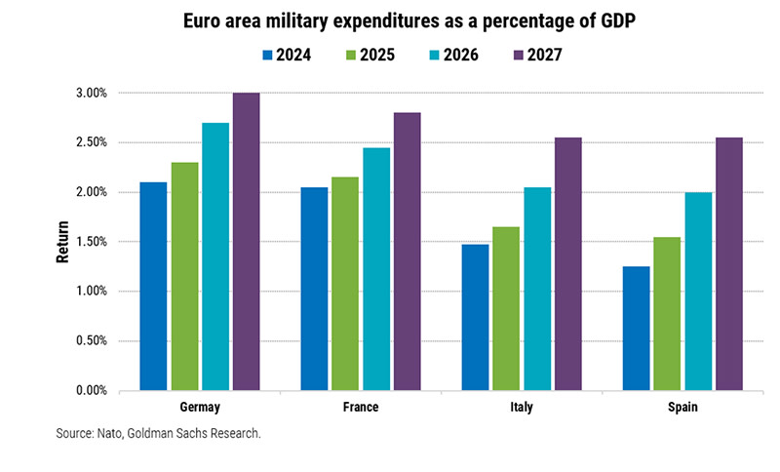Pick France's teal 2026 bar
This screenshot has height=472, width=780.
(x=376, y=269)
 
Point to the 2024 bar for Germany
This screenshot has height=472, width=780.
(x=153, y=287)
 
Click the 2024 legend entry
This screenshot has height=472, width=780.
(x=287, y=56)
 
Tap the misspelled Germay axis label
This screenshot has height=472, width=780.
(x=200, y=407)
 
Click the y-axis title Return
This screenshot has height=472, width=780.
(x=60, y=242)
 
